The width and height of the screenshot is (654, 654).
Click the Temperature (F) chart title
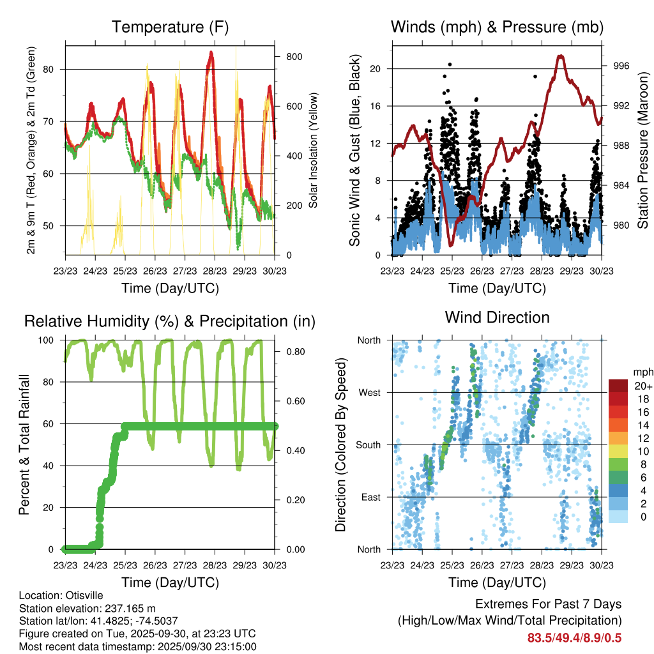170,27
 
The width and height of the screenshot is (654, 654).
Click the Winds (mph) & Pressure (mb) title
497,27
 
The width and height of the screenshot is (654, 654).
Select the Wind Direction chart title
497,317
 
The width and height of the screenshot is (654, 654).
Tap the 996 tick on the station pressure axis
621,66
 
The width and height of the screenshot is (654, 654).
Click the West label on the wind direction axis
369,392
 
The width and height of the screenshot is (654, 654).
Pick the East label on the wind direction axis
370,497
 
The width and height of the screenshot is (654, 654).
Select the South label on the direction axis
369,445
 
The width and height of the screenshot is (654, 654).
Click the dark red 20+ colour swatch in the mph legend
618,386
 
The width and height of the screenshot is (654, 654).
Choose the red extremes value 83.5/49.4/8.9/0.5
574,637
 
